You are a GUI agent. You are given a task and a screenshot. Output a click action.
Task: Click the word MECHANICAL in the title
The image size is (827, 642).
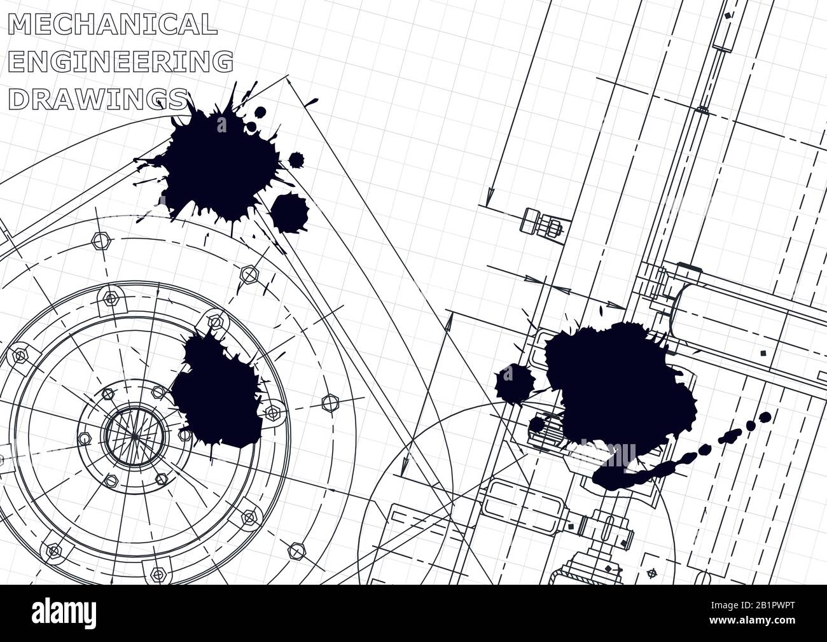(113, 24)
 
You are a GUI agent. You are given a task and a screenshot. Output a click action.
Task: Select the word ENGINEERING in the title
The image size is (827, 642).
(121, 61)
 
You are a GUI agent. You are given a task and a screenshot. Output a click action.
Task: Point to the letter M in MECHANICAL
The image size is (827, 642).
(20, 24)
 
